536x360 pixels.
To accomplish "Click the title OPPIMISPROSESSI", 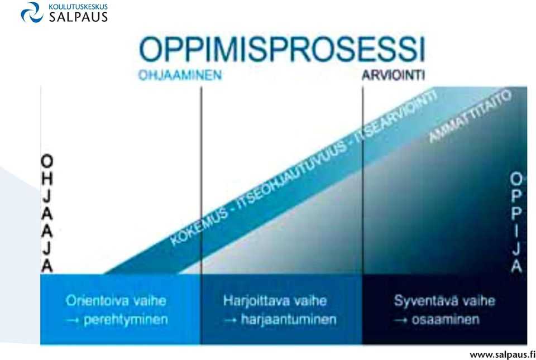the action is [282, 50].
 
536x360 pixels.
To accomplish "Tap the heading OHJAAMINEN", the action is [180, 75].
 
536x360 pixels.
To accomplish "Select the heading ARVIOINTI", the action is [394, 75].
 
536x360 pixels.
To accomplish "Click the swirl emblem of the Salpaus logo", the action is [32, 13].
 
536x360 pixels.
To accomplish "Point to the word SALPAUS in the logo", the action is [78, 16].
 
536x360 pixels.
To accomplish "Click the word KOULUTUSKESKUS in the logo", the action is [78, 7].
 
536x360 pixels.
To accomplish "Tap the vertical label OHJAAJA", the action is [47, 213].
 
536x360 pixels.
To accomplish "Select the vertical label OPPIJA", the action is [516, 222].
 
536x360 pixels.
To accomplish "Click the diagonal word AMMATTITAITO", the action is [470, 116].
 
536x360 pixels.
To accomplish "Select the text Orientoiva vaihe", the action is [116, 301].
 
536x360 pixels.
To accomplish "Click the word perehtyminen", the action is [126, 320].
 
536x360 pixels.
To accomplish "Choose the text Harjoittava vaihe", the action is [275, 301].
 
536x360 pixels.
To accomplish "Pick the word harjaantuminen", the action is [289, 320].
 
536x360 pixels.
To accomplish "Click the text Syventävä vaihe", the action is [444, 301].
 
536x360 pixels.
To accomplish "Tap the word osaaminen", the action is [446, 320].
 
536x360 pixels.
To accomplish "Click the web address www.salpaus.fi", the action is [502, 355].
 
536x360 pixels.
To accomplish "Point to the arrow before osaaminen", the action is [400, 320].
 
